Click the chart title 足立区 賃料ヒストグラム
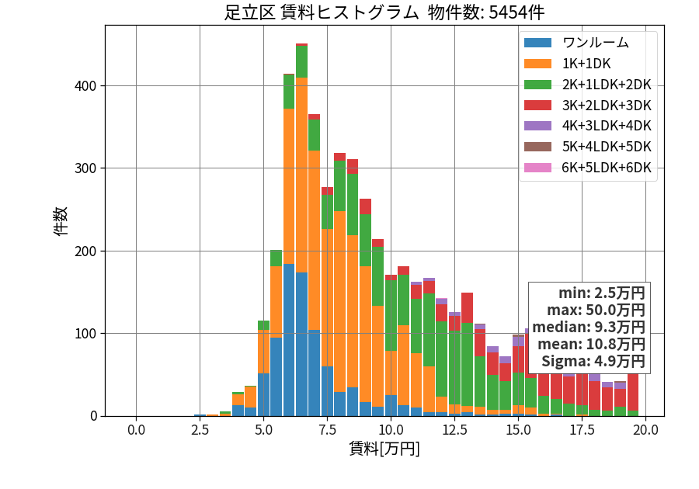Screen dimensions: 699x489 click(x=322, y=12)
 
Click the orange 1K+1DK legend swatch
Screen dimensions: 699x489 click(x=537, y=64)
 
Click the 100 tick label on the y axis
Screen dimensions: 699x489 click(x=85, y=334)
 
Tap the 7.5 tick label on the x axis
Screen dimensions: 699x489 click(x=327, y=430)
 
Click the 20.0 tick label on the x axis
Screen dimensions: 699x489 click(x=645, y=430)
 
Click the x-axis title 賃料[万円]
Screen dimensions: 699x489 click(x=384, y=448)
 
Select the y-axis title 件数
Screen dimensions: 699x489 click(x=61, y=221)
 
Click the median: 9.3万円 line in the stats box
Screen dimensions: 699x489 click(x=589, y=327)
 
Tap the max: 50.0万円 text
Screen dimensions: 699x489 click(x=596, y=310)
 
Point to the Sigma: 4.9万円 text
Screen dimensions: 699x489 click(x=593, y=361)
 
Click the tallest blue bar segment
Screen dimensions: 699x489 click(x=289, y=340)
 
